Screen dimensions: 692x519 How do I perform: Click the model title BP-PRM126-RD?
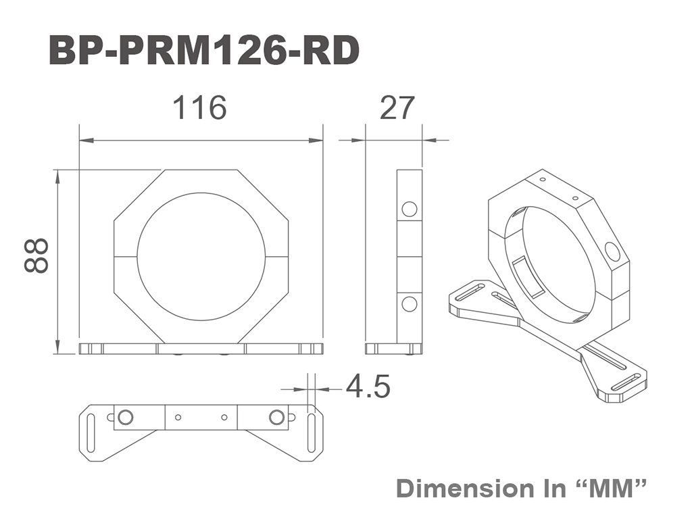(204, 51)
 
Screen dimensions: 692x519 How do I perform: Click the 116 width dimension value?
(200, 107)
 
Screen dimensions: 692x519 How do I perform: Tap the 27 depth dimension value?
(397, 107)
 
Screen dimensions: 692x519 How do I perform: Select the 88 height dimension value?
(36, 256)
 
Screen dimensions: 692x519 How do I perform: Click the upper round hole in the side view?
(409, 209)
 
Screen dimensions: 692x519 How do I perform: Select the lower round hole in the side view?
(409, 304)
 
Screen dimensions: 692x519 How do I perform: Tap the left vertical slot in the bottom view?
(91, 433)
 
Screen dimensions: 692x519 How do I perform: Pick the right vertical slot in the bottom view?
(311, 433)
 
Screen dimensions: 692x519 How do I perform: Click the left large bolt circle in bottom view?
(125, 417)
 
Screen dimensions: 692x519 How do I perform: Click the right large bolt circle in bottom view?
(276, 417)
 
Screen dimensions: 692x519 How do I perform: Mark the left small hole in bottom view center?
(178, 417)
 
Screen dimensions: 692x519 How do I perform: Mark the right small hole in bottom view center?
(224, 417)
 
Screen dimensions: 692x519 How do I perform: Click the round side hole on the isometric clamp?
(612, 251)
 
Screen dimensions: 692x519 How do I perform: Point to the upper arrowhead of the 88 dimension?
(57, 175)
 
